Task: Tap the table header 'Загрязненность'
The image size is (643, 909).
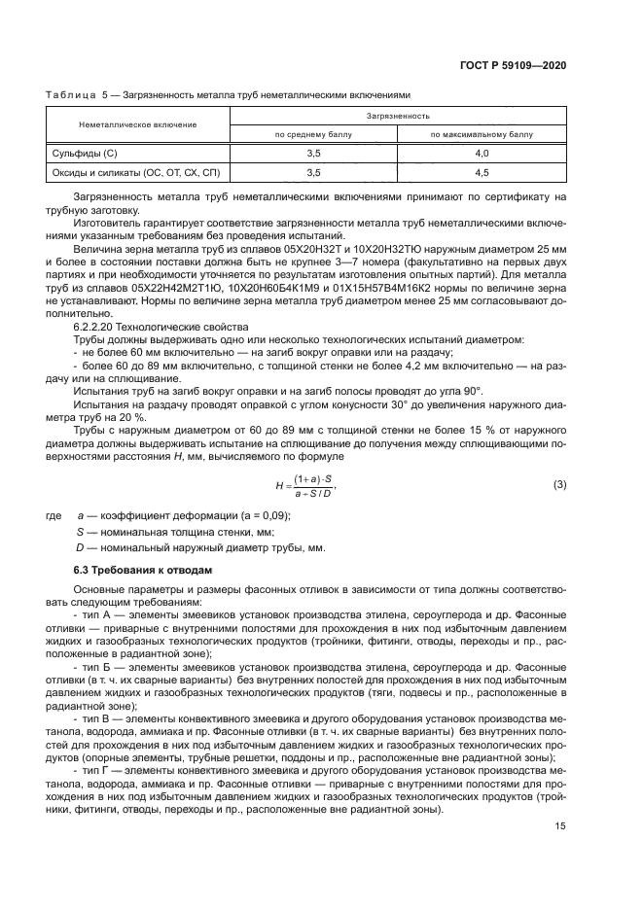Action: click(397, 115)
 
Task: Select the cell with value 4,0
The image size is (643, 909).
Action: click(482, 154)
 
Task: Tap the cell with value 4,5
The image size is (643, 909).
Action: click(482, 172)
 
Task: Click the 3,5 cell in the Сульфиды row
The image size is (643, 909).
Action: click(313, 154)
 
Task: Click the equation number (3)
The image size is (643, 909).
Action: click(559, 483)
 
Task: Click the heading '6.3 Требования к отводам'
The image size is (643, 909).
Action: click(139, 568)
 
